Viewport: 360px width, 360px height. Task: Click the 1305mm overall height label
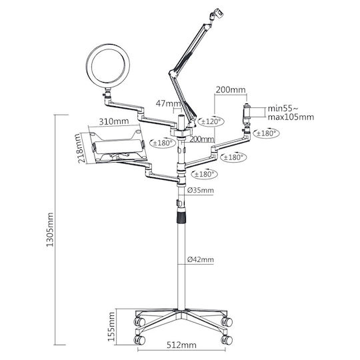(x=50, y=229)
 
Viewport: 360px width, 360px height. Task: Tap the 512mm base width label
(x=181, y=345)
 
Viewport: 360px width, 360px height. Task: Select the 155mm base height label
(x=111, y=327)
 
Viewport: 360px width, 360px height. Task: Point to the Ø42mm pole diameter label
(x=200, y=260)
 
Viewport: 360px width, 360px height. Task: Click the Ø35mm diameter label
(x=200, y=190)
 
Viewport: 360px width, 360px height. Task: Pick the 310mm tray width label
(x=114, y=121)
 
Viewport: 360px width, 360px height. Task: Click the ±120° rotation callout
(x=211, y=121)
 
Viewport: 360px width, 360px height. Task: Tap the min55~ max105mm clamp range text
(x=291, y=113)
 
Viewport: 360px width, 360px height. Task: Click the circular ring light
(x=108, y=67)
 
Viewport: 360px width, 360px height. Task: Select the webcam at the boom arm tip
(x=216, y=14)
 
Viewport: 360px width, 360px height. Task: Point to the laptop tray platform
(x=117, y=147)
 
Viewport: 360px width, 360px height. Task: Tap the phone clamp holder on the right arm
(x=247, y=112)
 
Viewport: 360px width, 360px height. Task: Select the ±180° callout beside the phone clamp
(x=266, y=133)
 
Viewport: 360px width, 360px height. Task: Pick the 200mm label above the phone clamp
(x=231, y=90)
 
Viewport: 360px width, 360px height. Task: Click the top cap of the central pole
(x=181, y=117)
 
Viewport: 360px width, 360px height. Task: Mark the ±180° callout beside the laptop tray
(x=163, y=143)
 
